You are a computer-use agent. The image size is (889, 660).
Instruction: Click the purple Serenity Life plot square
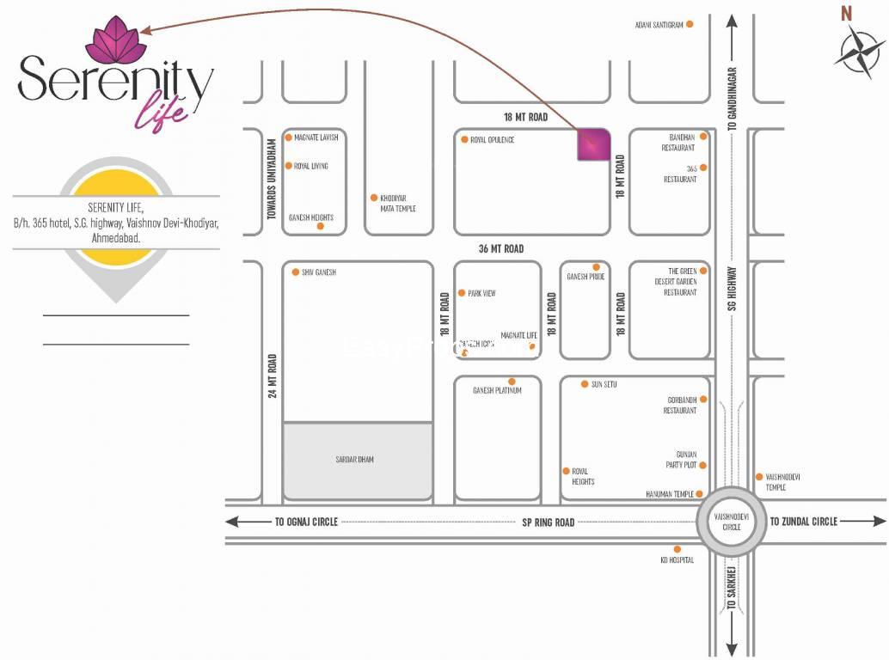[593, 144]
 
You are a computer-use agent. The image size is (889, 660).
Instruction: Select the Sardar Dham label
[354, 460]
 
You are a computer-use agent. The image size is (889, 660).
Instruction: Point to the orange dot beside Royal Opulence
[464, 139]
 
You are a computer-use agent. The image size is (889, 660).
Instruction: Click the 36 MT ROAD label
[501, 248]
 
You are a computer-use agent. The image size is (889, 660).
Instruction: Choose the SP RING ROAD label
[548, 522]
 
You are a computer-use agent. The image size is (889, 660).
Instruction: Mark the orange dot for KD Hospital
[677, 549]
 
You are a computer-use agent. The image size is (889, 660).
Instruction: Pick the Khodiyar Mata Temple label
[398, 203]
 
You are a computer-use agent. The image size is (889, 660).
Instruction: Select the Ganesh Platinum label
[497, 391]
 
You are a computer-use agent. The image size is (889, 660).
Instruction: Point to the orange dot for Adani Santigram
[690, 24]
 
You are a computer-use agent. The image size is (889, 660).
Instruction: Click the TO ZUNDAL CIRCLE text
[803, 522]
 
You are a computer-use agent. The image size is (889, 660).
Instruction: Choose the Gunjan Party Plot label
[681, 459]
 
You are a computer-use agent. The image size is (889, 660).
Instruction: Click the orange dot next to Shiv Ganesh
[295, 272]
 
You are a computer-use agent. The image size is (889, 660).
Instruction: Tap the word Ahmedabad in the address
[116, 235]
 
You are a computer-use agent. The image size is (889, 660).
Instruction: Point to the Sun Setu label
[604, 384]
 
